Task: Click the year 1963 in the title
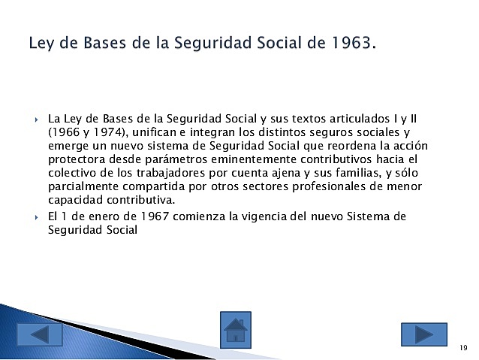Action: tap(349, 43)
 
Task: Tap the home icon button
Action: tap(235, 330)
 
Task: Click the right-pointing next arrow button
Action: tap(423, 334)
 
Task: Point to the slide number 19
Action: tap(463, 348)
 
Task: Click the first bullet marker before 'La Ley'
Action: tap(37, 119)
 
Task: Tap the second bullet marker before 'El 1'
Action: tap(37, 217)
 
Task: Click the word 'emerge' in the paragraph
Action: tap(67, 146)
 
